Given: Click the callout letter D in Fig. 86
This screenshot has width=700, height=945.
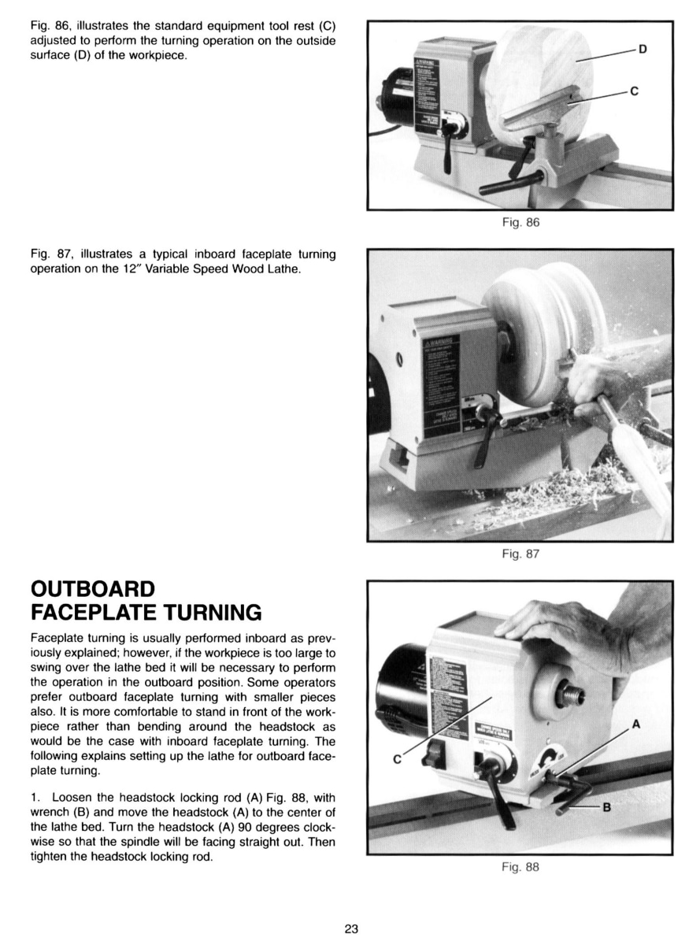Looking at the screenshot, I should pyautogui.click(x=643, y=50).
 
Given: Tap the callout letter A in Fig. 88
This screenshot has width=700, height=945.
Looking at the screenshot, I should pyautogui.click(x=635, y=723).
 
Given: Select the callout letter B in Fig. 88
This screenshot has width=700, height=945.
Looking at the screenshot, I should pyautogui.click(x=606, y=808).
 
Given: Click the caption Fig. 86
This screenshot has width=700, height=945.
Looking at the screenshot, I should pyautogui.click(x=520, y=222).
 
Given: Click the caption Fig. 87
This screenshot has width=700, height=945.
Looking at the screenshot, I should pyautogui.click(x=520, y=554).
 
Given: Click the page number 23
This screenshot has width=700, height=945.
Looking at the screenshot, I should pyautogui.click(x=351, y=928).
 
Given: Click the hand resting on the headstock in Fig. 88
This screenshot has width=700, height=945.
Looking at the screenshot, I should pyautogui.click(x=567, y=626).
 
